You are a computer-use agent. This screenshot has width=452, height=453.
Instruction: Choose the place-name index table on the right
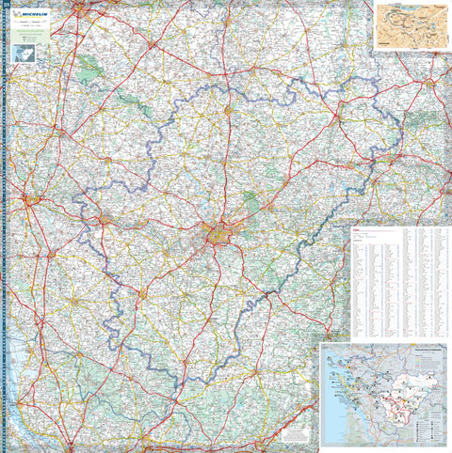click(399, 282)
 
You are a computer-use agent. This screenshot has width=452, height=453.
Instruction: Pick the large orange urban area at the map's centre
click(219, 235)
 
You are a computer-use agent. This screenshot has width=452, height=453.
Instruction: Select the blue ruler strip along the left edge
click(5, 235)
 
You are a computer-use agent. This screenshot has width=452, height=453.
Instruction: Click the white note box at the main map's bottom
click(295, 434)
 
